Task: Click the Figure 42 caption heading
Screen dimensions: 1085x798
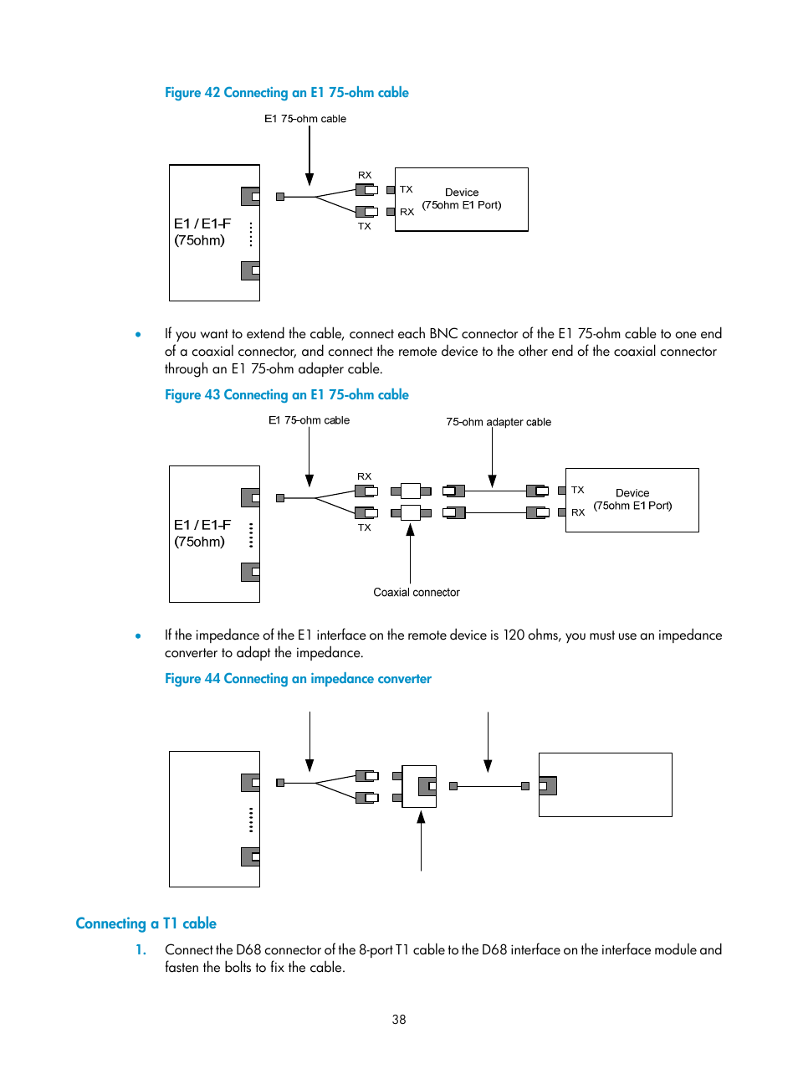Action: tap(286, 93)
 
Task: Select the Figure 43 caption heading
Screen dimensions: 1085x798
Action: tap(286, 395)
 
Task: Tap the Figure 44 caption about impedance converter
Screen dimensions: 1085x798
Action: tap(298, 679)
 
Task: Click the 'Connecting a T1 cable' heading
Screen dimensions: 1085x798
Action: tap(146, 923)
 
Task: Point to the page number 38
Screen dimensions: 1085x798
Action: tap(399, 1020)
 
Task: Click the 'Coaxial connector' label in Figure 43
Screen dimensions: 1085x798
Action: tap(416, 593)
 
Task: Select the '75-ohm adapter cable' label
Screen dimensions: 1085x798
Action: tap(499, 422)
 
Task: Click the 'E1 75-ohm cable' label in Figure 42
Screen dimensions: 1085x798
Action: tap(305, 119)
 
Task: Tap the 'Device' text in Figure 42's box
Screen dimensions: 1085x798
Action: tap(462, 193)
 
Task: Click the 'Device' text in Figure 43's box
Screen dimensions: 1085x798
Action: tap(632, 493)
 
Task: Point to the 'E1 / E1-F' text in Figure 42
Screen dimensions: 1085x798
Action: tap(202, 224)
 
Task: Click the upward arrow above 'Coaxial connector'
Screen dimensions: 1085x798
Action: tap(410, 553)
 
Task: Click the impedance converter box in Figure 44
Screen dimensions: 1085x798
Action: tap(419, 786)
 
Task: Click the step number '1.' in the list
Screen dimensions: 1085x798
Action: tap(141, 950)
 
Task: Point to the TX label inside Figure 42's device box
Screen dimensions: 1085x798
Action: tap(407, 190)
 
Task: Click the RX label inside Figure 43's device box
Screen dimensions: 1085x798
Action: tap(578, 512)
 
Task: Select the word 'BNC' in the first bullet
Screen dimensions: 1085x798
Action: tap(443, 334)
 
